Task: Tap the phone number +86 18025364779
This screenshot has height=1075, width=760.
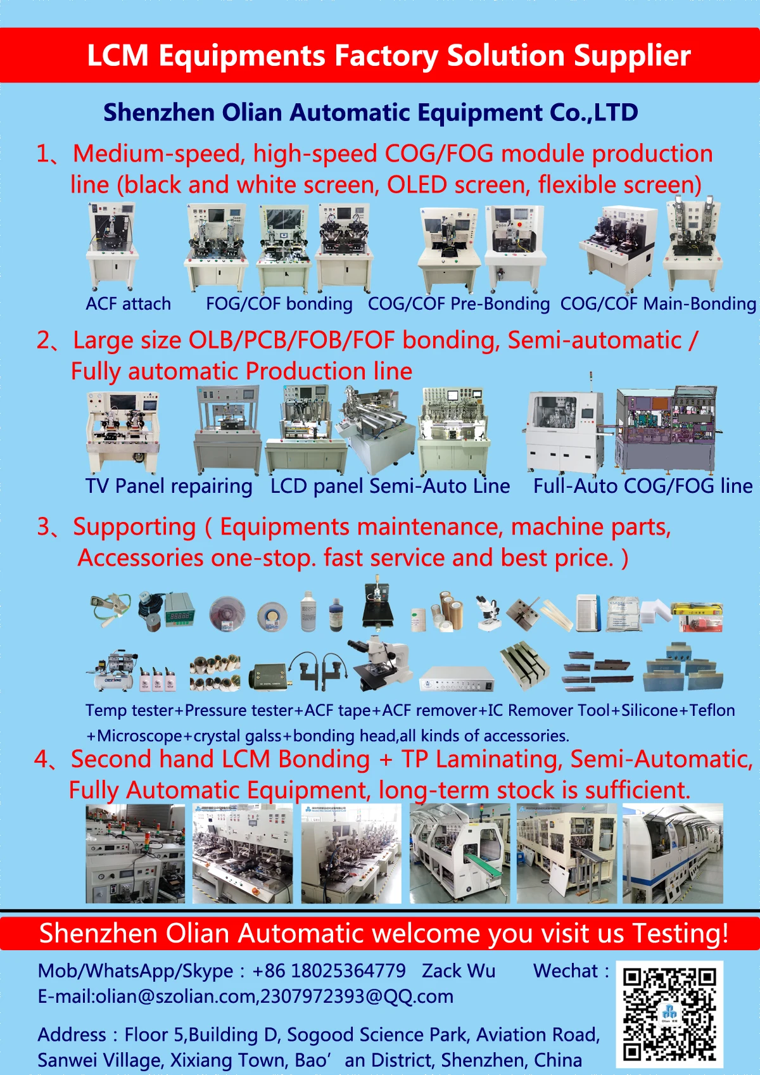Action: pos(329,970)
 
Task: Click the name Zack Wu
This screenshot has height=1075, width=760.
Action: pos(459,970)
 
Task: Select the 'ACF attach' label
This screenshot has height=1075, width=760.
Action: pos(129,304)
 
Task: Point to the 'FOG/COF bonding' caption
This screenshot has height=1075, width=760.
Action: pos(279,304)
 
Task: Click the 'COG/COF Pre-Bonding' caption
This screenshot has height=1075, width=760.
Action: pos(459,304)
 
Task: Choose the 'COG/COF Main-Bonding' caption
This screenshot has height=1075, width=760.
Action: pos(658,304)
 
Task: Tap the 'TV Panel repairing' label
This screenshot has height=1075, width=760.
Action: pos(169,487)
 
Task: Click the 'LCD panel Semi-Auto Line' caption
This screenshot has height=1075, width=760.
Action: pos(390,487)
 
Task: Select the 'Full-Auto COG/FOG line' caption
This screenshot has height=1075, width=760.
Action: pos(643,487)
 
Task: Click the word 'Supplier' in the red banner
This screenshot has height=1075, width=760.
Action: pos(631,56)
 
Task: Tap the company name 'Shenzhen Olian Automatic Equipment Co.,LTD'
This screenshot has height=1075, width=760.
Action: pos(370,113)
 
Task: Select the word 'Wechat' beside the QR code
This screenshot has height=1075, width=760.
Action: pos(566,970)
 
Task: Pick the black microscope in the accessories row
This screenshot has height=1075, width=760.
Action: pos(380,665)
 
